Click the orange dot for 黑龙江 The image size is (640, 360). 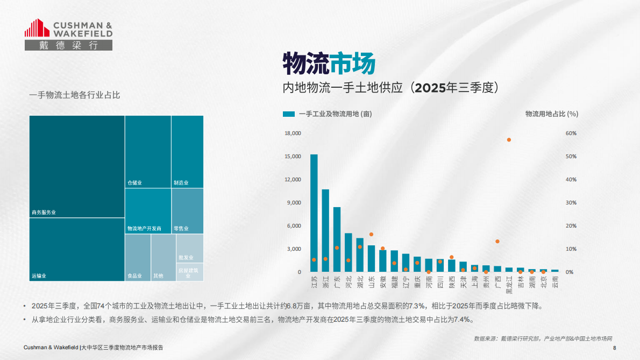point(509,140)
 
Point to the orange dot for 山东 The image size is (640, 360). point(371,235)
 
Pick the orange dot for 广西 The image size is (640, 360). point(497,242)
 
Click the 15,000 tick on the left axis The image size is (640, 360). point(293,157)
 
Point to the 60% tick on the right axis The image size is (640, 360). point(571,133)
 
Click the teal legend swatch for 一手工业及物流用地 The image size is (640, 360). point(289,114)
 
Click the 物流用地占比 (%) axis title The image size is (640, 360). point(551,114)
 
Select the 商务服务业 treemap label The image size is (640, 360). point(44,213)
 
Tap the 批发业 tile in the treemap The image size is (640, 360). point(190,248)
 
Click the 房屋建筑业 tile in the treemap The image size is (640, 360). point(190,272)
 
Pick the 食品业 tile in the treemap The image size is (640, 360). point(138,258)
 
